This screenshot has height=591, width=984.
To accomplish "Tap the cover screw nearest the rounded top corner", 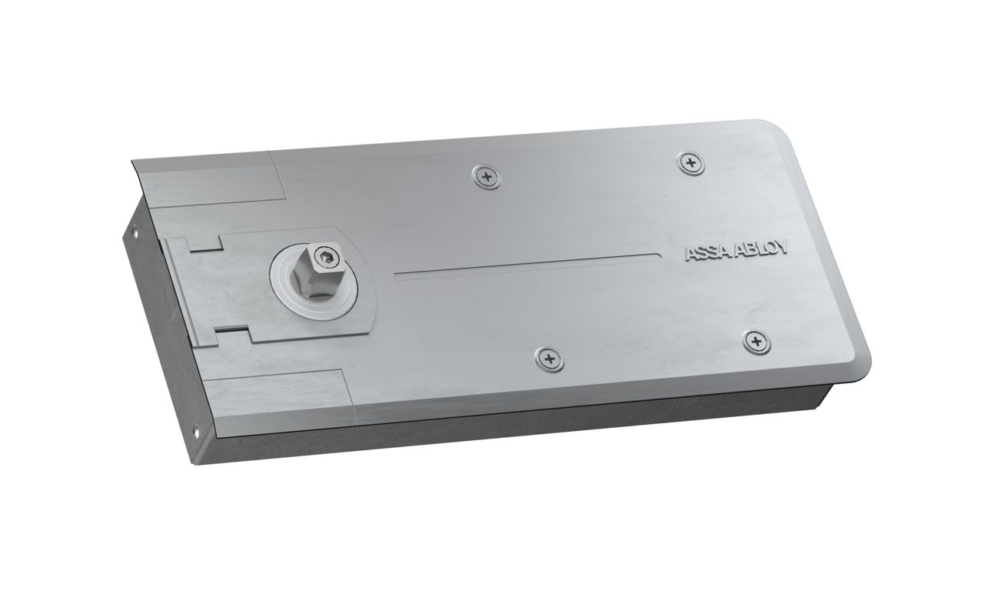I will [691, 161].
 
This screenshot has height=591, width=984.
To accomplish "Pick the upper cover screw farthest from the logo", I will [485, 177].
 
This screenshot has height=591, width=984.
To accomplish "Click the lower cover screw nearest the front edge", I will [547, 358].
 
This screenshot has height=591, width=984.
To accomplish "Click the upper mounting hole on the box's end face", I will [133, 229].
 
